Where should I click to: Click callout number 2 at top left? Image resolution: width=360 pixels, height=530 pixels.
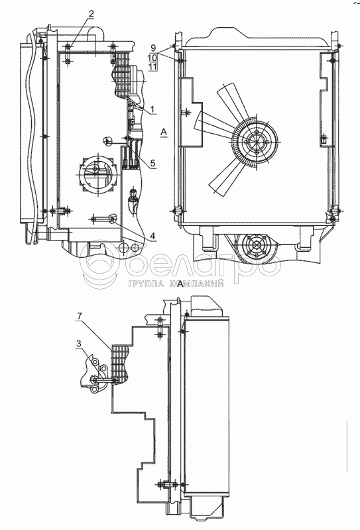point(91,14)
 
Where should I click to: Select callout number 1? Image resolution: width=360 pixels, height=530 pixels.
point(152,109)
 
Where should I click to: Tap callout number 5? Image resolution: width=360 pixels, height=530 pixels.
point(153,163)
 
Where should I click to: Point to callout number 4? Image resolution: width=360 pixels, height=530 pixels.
point(153,236)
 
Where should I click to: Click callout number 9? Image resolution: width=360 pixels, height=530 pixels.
point(153,48)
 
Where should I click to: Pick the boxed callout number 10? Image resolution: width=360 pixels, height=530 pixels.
point(152,57)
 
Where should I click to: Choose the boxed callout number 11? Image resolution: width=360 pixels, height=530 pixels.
point(152,66)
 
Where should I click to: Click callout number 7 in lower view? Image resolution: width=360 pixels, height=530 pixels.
point(79,316)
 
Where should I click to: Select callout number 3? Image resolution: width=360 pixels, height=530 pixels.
point(79,344)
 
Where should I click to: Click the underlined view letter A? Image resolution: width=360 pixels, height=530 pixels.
point(164,132)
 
